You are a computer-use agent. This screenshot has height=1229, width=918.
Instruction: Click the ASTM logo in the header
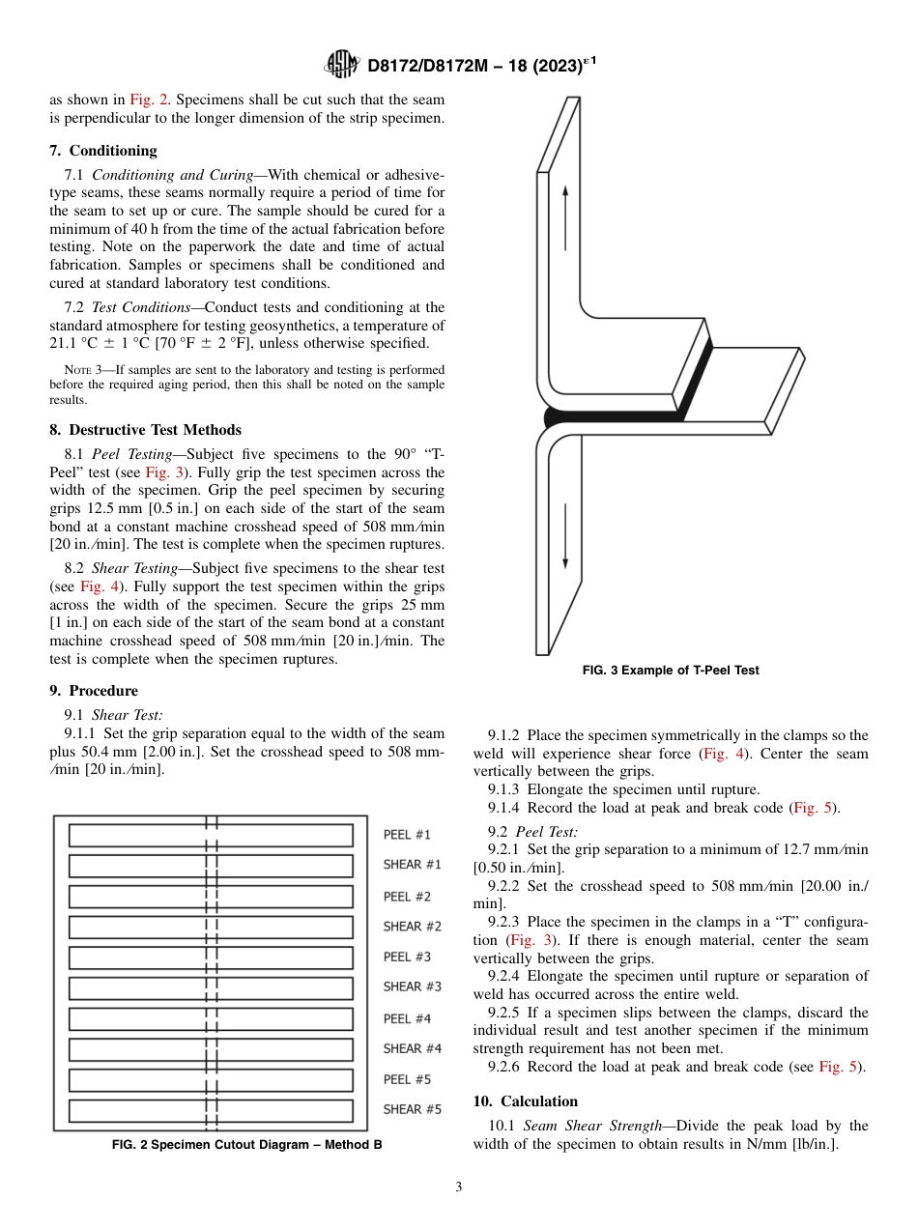pyautogui.click(x=342, y=65)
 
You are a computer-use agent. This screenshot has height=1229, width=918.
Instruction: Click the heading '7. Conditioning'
pyautogui.click(x=103, y=151)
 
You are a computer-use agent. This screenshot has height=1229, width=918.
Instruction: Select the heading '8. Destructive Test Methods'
pyautogui.click(x=145, y=430)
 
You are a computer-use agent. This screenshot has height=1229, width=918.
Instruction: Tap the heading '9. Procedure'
pyautogui.click(x=94, y=691)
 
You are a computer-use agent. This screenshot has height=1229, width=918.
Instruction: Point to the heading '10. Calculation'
pyautogui.click(x=526, y=1101)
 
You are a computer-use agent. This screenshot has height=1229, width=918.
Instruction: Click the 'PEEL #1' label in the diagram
pyautogui.click(x=407, y=835)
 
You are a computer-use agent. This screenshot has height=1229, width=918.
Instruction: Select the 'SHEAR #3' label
pyautogui.click(x=412, y=986)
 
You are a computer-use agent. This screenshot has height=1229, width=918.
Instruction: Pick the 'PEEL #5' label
pyautogui.click(x=407, y=1079)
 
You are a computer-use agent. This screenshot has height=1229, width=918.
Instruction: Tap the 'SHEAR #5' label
pyautogui.click(x=412, y=1109)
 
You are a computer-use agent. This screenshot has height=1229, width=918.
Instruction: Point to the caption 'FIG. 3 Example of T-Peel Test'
pyautogui.click(x=671, y=671)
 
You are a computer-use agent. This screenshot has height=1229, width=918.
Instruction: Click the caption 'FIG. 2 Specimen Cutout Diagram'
pyautogui.click(x=246, y=1145)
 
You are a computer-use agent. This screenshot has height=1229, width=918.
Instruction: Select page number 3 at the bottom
pyautogui.click(x=459, y=1187)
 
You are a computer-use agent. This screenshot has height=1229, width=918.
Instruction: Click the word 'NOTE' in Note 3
pyautogui.click(x=76, y=369)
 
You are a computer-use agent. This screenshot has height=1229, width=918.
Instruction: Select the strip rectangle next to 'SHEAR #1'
pyautogui.click(x=211, y=866)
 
